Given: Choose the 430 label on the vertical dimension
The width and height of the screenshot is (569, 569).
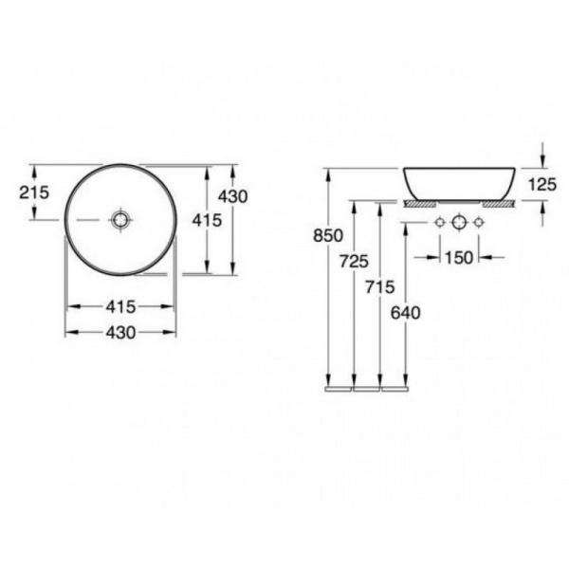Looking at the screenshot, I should coord(232,196).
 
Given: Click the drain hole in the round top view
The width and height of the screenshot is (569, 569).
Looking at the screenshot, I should coord(120,220).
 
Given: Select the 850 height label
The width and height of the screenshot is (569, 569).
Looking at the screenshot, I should coord(326,238).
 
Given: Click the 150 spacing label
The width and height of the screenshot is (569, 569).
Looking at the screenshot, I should coord(458,256).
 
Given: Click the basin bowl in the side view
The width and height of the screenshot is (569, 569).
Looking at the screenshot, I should coord(459,182).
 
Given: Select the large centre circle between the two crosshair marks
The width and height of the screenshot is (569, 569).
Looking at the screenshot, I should coord(459,223).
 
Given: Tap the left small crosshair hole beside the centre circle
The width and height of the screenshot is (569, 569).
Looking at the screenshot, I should coord(439,223).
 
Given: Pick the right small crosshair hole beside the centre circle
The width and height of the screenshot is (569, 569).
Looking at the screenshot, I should coord(479,223).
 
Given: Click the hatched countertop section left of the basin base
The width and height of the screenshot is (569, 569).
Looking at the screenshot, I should coord(417,203).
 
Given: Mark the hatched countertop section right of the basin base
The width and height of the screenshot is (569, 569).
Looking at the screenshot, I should coord(499,203).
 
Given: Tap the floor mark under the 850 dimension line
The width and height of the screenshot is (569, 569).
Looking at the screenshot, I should coord(339,388).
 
